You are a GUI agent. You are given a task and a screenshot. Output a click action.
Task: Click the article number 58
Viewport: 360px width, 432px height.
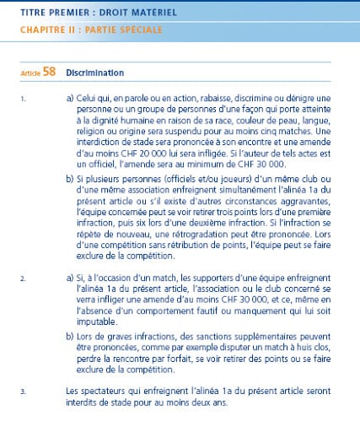coord(49,72)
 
